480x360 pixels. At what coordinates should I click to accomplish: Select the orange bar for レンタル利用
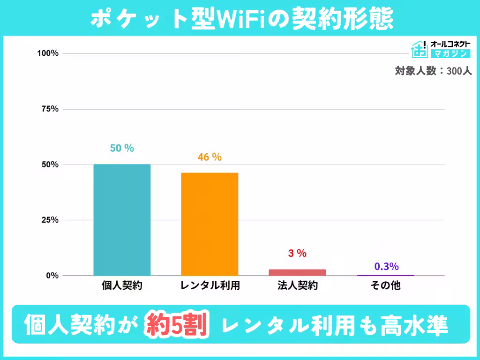pos(210,224)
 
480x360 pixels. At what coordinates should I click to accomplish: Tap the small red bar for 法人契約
pos(297,272)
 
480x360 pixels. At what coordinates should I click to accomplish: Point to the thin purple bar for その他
pos(385,275)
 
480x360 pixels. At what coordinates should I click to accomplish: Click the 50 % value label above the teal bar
pos(122,148)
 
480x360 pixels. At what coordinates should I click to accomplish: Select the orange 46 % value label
pos(210,157)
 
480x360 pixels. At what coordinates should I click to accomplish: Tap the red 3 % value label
pos(297,254)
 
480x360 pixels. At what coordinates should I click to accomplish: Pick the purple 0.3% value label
pos(386,267)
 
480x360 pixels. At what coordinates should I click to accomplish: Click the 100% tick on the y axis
pos(48,53)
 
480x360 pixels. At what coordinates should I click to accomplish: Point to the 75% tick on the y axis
pos(49,109)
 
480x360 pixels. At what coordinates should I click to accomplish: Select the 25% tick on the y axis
pos(49,220)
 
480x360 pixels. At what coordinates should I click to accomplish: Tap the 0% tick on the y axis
pos(52,276)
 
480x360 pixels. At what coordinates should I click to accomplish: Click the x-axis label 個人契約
pos(122,285)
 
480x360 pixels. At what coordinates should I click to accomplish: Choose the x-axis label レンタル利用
pos(210,285)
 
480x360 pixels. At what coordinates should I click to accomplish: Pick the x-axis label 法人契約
pos(297,285)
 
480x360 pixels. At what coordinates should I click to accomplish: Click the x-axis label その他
pos(385,285)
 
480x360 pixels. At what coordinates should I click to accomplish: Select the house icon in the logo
pos(419,49)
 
